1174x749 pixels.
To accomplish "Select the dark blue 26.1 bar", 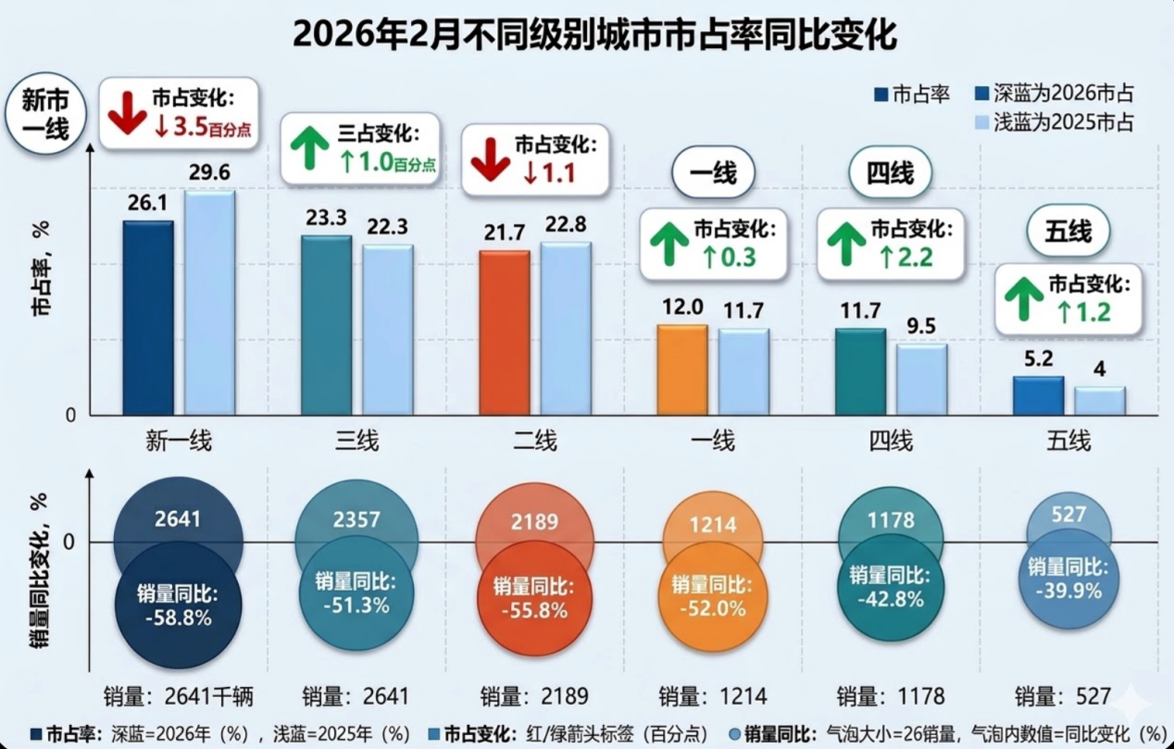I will pos(148,318).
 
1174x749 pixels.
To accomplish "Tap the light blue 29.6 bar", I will pos(209,303).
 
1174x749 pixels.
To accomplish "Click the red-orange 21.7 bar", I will pos(505,332).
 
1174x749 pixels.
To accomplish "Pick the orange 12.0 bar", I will pos(682,369).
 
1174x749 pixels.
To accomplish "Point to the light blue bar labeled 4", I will pos(1099,400).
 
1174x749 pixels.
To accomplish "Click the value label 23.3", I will pos(325,218).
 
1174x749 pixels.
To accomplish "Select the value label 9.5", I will pos(920,326).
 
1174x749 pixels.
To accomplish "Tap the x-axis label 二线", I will pos(534,441).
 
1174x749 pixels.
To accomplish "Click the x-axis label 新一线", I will pos(179,441).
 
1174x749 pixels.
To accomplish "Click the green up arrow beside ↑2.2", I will pos(845,244).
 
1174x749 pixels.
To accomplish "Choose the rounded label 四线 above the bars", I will pos(889,173).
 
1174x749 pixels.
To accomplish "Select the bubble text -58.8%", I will pos(178,617).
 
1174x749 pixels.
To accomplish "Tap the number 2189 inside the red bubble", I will pos(535,521).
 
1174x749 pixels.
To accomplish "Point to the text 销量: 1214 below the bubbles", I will pos(712,696).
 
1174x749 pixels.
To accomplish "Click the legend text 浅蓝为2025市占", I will pos(1064,123).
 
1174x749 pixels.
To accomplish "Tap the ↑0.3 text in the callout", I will pos(730,256).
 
